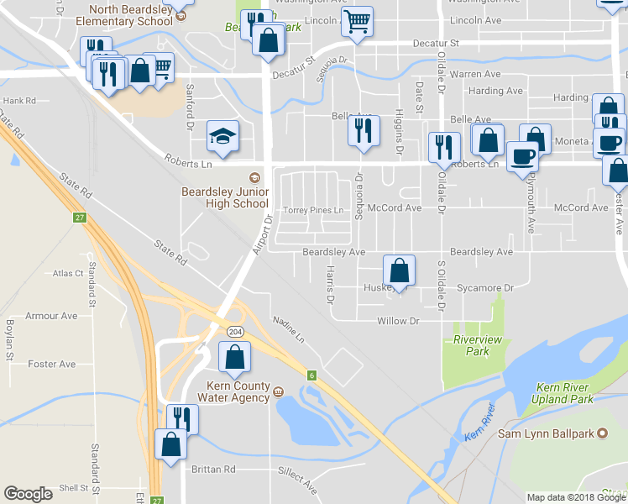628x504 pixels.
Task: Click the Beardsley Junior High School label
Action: click(225, 197)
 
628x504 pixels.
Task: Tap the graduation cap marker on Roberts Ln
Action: click(222, 136)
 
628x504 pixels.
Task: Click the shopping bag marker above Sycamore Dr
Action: click(400, 270)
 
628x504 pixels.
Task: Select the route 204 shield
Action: click(236, 332)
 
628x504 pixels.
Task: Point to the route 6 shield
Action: click(311, 375)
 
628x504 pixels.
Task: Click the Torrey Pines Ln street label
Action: click(314, 209)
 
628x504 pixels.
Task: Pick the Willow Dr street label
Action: click(398, 321)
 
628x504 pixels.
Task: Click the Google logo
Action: click(29, 494)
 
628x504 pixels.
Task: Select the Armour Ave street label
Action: click(51, 316)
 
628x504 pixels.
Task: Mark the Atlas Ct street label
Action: click(67, 273)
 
